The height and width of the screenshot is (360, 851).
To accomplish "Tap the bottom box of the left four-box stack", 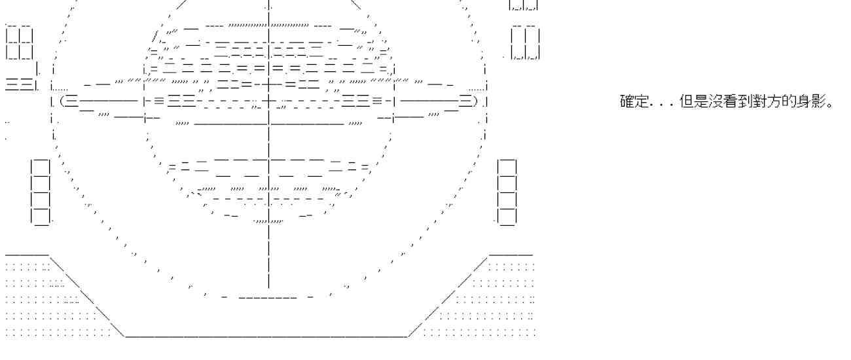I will point(41,215).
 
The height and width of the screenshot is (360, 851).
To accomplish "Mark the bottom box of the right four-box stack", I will point(507,215).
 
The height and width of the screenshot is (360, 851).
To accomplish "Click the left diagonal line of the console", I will point(85,295).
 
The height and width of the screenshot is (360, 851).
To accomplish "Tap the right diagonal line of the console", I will point(448,295).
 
